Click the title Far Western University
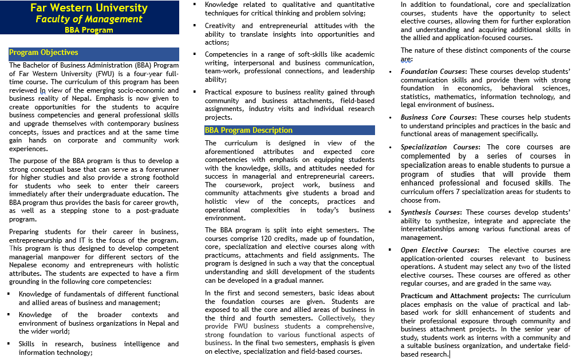pos(89,8)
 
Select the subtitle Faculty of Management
pos(89,19)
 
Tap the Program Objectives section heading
pos(44,53)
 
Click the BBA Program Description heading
pos(248,130)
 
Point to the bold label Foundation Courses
pos(433,72)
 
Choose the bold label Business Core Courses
pos(438,117)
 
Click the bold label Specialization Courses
pos(440,147)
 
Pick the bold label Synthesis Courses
pos(431,212)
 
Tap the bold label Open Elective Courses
pos(439,250)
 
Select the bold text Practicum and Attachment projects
pos(460,295)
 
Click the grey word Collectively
pos(338,318)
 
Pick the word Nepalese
pos(23,265)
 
